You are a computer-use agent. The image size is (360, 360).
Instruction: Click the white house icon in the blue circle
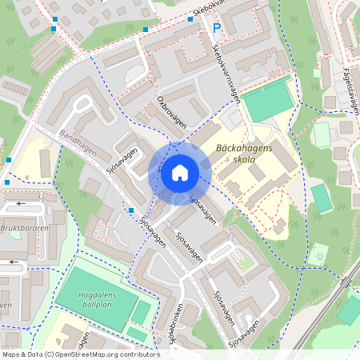180,172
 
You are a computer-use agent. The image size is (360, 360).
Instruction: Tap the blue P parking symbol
216,29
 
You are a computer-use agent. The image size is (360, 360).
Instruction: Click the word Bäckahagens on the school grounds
244,148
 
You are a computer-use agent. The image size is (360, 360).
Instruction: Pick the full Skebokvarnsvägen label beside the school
227,72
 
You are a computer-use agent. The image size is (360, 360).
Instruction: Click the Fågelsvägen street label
349,90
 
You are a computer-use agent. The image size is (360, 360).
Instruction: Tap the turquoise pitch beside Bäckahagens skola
269,101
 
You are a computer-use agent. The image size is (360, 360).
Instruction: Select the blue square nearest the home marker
131,210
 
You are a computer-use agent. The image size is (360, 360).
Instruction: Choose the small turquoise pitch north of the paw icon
321,198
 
